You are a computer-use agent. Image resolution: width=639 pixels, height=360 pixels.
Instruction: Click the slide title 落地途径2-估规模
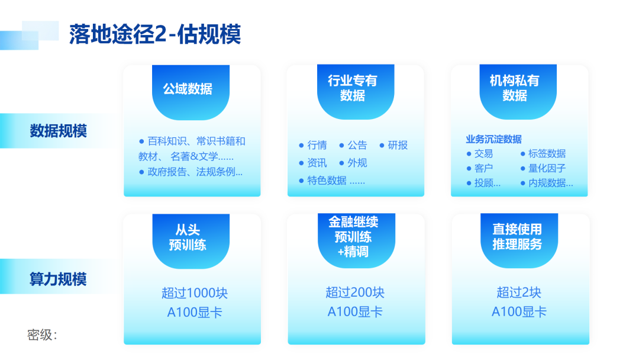click(x=155, y=34)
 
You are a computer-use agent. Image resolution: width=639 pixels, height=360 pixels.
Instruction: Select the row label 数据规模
click(x=58, y=131)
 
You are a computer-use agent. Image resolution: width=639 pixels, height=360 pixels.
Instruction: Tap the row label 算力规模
click(x=58, y=279)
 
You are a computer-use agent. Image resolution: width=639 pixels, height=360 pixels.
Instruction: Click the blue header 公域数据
click(x=188, y=89)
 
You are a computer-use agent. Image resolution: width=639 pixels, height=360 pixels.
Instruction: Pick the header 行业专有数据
click(x=353, y=88)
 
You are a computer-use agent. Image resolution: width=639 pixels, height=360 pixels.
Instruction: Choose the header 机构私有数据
click(x=515, y=88)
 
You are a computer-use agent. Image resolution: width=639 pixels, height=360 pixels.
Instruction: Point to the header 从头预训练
click(x=188, y=237)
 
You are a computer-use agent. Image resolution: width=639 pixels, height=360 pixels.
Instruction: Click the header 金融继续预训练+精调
click(x=353, y=237)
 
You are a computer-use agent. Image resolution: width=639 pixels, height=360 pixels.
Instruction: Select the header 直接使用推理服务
click(x=517, y=236)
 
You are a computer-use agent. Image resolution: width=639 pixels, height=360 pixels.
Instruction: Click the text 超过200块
click(x=355, y=292)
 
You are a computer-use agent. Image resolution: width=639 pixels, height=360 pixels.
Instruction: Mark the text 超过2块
click(x=519, y=292)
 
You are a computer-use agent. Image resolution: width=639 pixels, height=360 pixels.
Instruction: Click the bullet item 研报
click(x=398, y=145)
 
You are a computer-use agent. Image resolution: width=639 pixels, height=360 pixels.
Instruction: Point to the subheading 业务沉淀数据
click(x=493, y=139)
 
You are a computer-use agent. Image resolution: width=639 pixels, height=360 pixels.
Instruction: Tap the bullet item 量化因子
click(x=547, y=168)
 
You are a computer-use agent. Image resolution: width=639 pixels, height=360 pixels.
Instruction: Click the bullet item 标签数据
click(x=547, y=153)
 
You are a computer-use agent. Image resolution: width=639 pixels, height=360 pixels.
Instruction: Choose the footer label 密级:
click(x=42, y=335)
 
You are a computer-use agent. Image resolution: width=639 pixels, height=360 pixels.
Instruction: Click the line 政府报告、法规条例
click(x=195, y=172)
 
